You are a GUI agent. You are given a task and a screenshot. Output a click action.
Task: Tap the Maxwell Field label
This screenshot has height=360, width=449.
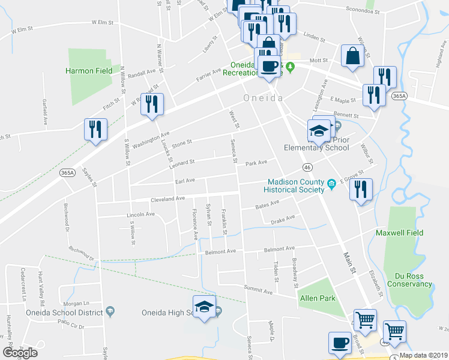pos(399,233)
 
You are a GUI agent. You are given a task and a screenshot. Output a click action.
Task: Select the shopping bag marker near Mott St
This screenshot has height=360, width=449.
pos(352,56)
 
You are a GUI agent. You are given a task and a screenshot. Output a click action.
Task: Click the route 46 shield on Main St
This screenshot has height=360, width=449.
pos(307,167)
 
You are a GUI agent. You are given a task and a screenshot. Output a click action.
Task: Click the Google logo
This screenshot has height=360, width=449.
pos(20,353)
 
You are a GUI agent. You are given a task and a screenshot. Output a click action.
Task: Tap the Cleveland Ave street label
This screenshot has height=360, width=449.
pos(167,199)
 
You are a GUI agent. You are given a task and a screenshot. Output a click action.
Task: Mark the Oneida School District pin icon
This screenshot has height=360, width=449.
pos(110,311)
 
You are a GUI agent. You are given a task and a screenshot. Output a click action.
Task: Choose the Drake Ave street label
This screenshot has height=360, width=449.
pos(283,220)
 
